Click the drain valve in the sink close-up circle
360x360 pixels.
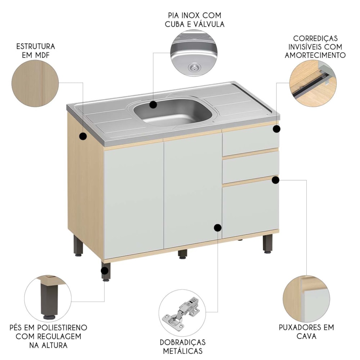coord(194,67)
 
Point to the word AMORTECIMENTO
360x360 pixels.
coord(315,55)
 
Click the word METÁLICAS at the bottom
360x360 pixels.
coord(183,351)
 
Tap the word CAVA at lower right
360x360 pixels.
coord(306,336)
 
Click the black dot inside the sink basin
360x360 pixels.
coord(153,105)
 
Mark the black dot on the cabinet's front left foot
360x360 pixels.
coord(104,271)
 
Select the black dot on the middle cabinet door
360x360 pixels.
coord(217,228)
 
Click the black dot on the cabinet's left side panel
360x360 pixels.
coord(83,136)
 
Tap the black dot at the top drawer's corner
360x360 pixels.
coord(276,129)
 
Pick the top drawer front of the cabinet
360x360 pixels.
coord(251,140)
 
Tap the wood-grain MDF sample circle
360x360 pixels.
coord(35,84)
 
